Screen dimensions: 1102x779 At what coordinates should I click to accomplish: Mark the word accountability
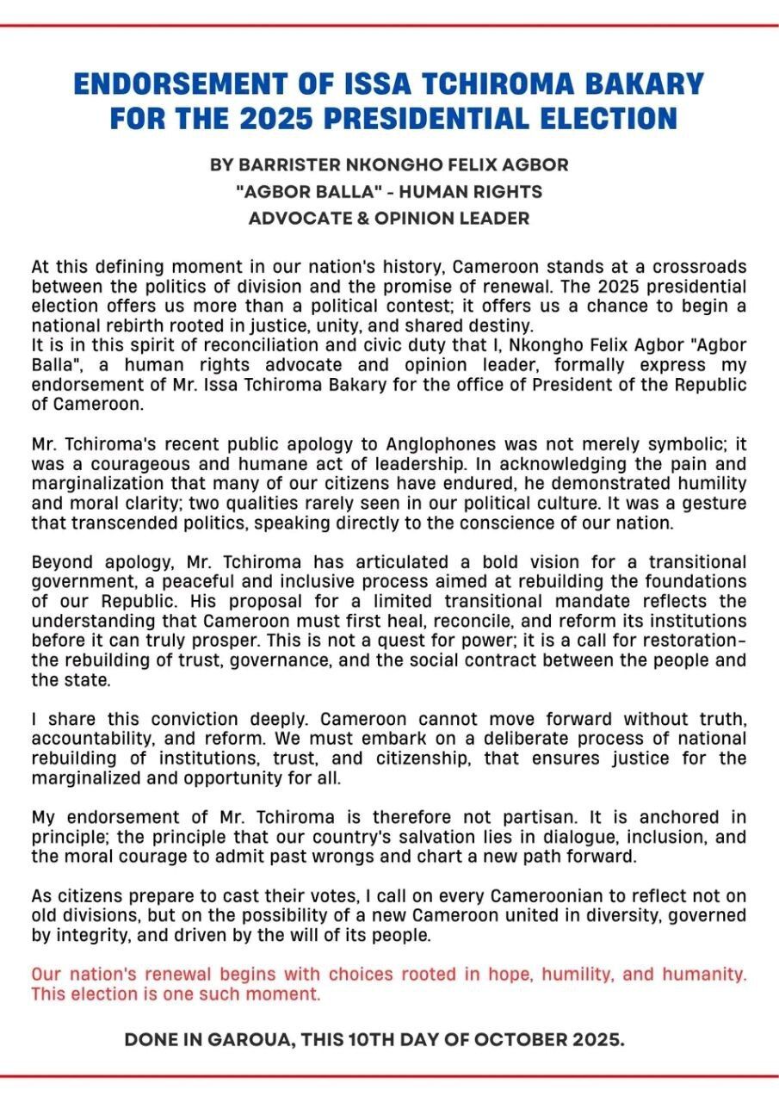[x=87, y=739]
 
